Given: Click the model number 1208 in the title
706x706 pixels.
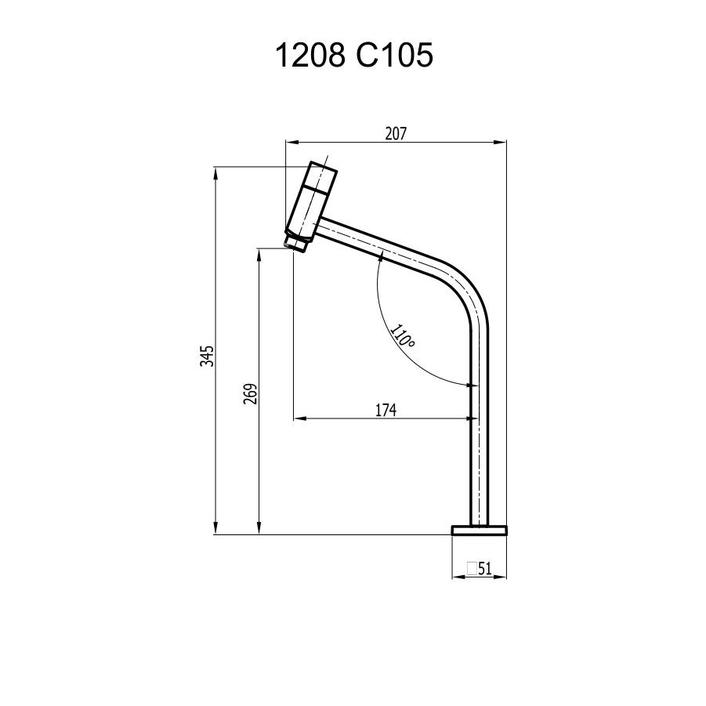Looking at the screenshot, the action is click(310, 56).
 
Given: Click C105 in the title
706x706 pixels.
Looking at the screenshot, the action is click(394, 56).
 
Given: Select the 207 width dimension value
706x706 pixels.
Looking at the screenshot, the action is click(396, 134).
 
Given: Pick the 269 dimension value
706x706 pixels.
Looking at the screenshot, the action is click(250, 393).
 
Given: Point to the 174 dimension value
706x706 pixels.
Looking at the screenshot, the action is click(386, 410).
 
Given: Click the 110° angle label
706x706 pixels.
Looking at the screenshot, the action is click(402, 335).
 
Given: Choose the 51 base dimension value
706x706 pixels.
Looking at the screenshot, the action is click(484, 569).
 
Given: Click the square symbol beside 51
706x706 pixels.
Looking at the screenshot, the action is click(472, 568).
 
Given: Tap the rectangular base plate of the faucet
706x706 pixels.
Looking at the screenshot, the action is click(479, 530).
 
